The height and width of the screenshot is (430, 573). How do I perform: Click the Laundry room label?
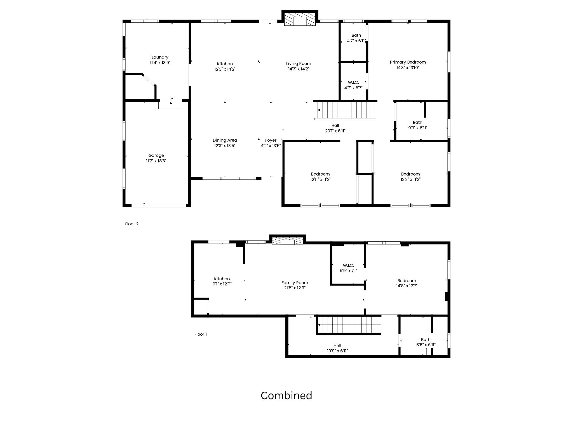coord(160,57)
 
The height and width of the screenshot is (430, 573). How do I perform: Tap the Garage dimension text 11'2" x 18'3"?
coord(156,161)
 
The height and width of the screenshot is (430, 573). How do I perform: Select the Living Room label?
coord(299,64)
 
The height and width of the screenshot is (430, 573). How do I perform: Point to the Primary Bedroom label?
coord(408,62)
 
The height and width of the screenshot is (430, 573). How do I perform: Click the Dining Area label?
coord(225,140)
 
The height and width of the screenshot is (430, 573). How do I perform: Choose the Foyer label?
coord(271,140)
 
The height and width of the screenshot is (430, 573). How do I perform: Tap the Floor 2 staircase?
coord(346,110)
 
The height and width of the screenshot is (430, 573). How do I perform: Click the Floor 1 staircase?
coord(349,325)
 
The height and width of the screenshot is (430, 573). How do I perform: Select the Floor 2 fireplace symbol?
coord(300,19)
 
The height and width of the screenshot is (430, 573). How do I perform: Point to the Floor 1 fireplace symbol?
coord(287,240)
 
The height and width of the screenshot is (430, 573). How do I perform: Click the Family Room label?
coord(295,283)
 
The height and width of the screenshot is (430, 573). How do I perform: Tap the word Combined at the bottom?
coord(286,395)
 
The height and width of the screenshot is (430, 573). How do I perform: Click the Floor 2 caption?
coord(132,224)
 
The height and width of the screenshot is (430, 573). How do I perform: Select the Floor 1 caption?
coord(201,334)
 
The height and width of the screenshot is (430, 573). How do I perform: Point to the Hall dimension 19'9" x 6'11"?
coord(337,351)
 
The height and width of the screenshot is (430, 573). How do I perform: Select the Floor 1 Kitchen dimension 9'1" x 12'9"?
coord(222,284)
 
